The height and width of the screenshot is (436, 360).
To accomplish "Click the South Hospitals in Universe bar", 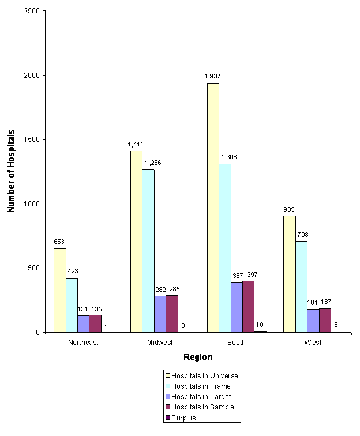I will point(213,208).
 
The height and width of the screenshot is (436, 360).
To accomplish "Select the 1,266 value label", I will point(153,163).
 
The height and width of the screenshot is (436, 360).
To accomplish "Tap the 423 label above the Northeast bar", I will point(72,270).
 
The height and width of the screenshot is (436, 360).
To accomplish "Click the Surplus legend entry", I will point(185,418).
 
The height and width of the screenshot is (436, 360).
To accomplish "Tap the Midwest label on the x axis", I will point(160,343).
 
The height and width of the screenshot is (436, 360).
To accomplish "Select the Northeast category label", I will point(83,343).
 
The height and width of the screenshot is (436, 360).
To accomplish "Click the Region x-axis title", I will point(198,357).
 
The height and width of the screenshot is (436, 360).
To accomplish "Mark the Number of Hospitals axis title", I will point(11,172).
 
